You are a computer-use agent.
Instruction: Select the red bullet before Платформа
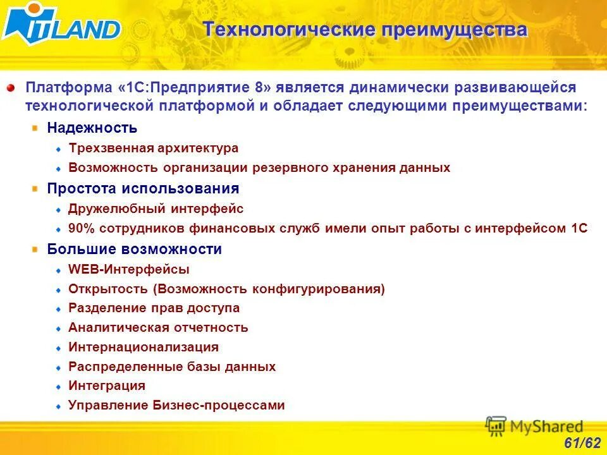coord(11,87)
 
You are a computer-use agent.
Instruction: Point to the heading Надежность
coord(92,128)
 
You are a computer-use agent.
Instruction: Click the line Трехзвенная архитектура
coord(153,149)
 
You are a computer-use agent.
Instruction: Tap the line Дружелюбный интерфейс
coord(156,209)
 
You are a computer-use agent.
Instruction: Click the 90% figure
coord(82,229)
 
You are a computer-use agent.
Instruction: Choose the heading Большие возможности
coord(134,249)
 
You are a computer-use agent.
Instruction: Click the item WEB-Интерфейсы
coord(129,269)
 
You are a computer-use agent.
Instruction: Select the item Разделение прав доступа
coord(154,308)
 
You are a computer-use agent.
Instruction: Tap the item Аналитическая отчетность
coord(158,327)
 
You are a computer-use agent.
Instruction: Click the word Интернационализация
coord(144,347)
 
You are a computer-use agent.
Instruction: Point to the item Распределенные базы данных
coord(172,367)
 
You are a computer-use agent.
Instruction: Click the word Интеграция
coord(107,385)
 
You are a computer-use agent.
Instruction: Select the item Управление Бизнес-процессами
coord(176,405)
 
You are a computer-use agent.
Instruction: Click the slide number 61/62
coord(582,442)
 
